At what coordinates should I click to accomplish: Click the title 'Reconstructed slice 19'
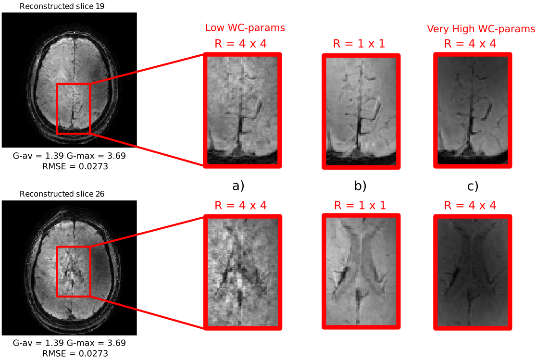click(x=69, y=6)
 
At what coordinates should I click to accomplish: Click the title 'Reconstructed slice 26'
click(x=69, y=194)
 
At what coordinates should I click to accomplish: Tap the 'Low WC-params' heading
click(x=245, y=28)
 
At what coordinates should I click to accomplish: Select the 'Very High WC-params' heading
click(x=481, y=29)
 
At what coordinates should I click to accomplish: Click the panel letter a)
click(x=238, y=186)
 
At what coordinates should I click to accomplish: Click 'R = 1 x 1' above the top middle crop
click(x=359, y=44)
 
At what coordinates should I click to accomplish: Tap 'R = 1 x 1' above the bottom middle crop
click(x=359, y=206)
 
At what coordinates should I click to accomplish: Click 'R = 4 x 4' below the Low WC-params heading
click(x=241, y=44)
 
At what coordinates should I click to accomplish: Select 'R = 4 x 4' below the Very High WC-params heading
click(x=470, y=44)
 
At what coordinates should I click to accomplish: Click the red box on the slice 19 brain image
click(x=73, y=108)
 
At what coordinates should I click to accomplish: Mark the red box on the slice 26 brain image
click(x=73, y=271)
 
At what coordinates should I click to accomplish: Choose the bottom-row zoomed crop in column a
click(x=243, y=273)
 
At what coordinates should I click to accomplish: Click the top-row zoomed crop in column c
click(x=473, y=111)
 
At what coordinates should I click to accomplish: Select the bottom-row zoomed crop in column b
click(x=361, y=272)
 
